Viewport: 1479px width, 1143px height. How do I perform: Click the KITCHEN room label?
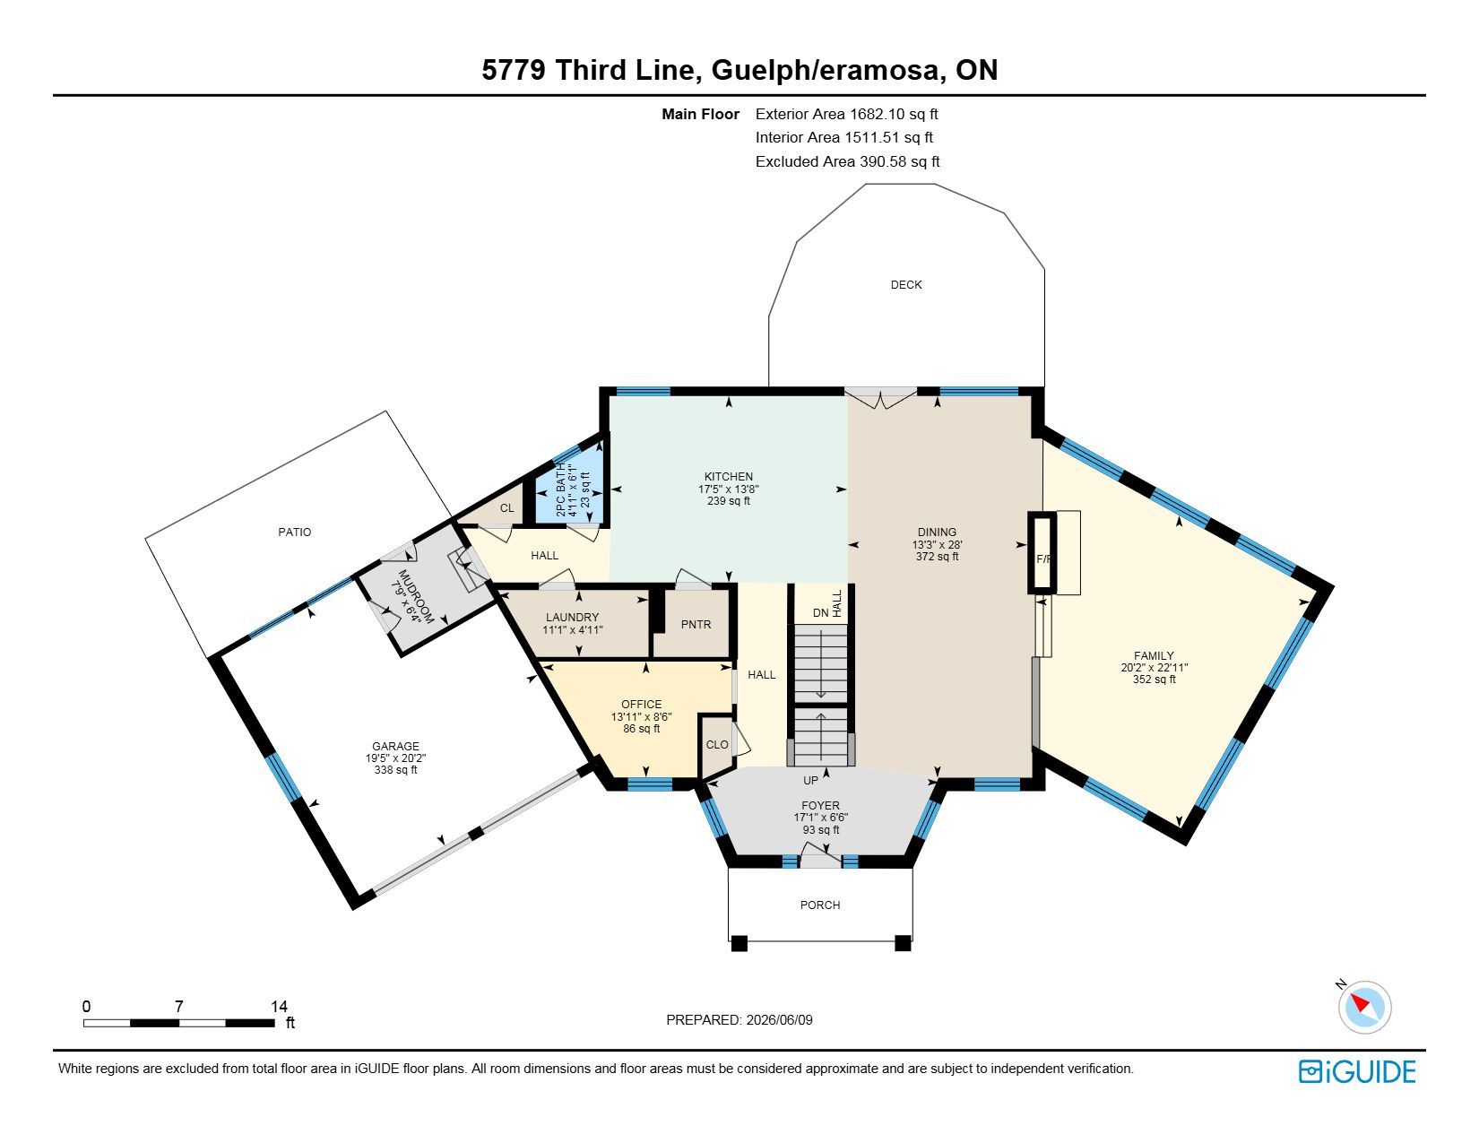pos(728,477)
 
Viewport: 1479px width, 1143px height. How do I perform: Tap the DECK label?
pos(906,284)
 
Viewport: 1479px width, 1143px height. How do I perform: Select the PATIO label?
pos(295,532)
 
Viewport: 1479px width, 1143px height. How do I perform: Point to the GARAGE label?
pos(395,746)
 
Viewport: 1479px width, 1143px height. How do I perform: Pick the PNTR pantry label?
pos(696,624)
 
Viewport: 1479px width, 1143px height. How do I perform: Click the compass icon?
pos(1364,1008)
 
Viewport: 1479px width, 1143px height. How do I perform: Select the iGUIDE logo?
pos(1357,1071)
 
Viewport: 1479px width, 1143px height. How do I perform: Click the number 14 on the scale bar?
pos(279,1006)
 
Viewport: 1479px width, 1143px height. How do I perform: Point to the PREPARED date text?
pos(739,1020)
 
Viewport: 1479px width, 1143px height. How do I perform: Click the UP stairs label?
pos(810,780)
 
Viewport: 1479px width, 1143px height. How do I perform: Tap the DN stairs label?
pos(821,612)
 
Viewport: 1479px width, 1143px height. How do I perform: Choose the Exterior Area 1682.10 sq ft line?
pos(847,114)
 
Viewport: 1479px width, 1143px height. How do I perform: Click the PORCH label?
pos(820,905)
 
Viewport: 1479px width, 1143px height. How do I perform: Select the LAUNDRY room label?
pos(572,618)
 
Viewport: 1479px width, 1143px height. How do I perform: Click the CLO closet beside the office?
pos(717,745)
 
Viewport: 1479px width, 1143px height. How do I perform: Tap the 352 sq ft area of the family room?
pos(1155,679)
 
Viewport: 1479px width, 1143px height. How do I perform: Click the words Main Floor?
pos(700,114)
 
